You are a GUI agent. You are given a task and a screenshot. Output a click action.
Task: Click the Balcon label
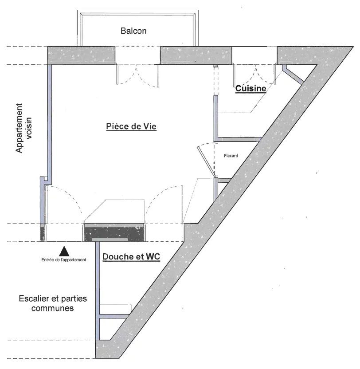[x=133, y=31]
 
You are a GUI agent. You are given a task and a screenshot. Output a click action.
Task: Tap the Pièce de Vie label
[x=131, y=126]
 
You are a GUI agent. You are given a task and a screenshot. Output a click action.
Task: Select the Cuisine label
[x=250, y=88]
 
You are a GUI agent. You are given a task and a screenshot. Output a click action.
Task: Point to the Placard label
[x=231, y=156]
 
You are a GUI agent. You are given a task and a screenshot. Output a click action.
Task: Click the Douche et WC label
[x=131, y=256]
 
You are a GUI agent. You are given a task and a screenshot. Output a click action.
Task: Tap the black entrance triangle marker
[x=64, y=251]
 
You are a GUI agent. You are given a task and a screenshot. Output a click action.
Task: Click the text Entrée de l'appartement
[x=64, y=260]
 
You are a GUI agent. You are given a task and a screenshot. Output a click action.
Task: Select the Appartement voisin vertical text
[x=23, y=128]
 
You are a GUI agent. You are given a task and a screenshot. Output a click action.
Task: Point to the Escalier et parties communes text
[x=53, y=303]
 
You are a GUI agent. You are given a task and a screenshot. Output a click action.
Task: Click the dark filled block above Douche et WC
[x=114, y=233]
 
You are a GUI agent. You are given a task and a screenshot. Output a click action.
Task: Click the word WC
[x=153, y=256]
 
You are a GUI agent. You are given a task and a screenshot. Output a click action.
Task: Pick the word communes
[x=52, y=308]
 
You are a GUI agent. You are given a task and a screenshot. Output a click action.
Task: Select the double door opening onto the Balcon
[x=137, y=75]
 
